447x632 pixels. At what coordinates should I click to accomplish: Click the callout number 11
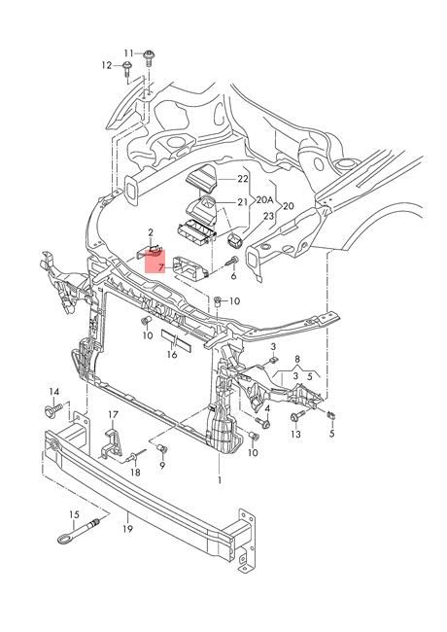tap(128, 53)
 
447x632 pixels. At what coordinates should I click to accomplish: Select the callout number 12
tap(107, 65)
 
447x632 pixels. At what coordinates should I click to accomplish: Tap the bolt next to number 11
tap(150, 57)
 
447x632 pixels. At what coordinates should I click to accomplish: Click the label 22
tap(242, 179)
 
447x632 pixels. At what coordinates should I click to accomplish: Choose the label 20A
tap(265, 200)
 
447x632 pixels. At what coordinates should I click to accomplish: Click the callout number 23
tap(268, 216)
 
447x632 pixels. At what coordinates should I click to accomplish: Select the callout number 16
tap(172, 354)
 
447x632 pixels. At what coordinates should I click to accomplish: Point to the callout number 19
tap(127, 528)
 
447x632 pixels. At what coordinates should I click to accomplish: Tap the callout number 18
tap(135, 473)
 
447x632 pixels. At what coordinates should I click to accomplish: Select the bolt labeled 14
tap(52, 411)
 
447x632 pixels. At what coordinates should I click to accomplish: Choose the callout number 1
tap(220, 480)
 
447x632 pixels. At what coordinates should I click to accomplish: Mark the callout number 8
tap(297, 359)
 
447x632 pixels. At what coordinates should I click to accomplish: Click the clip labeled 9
tap(162, 448)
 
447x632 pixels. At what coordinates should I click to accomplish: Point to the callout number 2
tap(151, 232)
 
